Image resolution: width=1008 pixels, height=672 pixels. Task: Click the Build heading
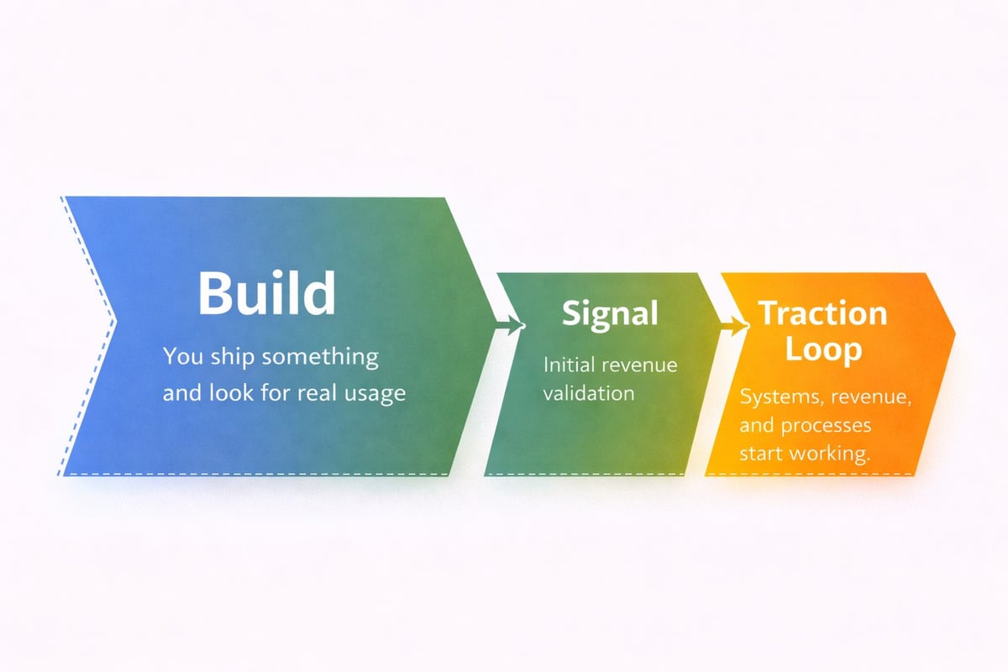coord(266,294)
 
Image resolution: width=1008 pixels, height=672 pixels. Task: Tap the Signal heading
coord(610,313)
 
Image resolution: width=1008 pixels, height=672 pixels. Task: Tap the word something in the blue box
coord(320,357)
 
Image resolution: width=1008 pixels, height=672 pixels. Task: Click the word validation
coord(589,392)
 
